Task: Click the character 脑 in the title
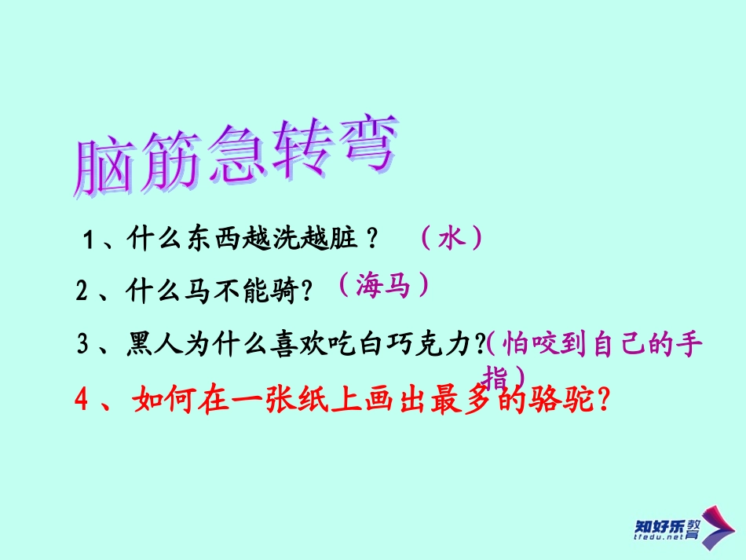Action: pos(103,167)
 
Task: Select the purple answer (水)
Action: pos(450,237)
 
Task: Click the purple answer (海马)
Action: pos(384,286)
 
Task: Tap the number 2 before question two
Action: pos(82,292)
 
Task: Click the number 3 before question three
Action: pos(83,346)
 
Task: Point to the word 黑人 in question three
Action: pos(152,345)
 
